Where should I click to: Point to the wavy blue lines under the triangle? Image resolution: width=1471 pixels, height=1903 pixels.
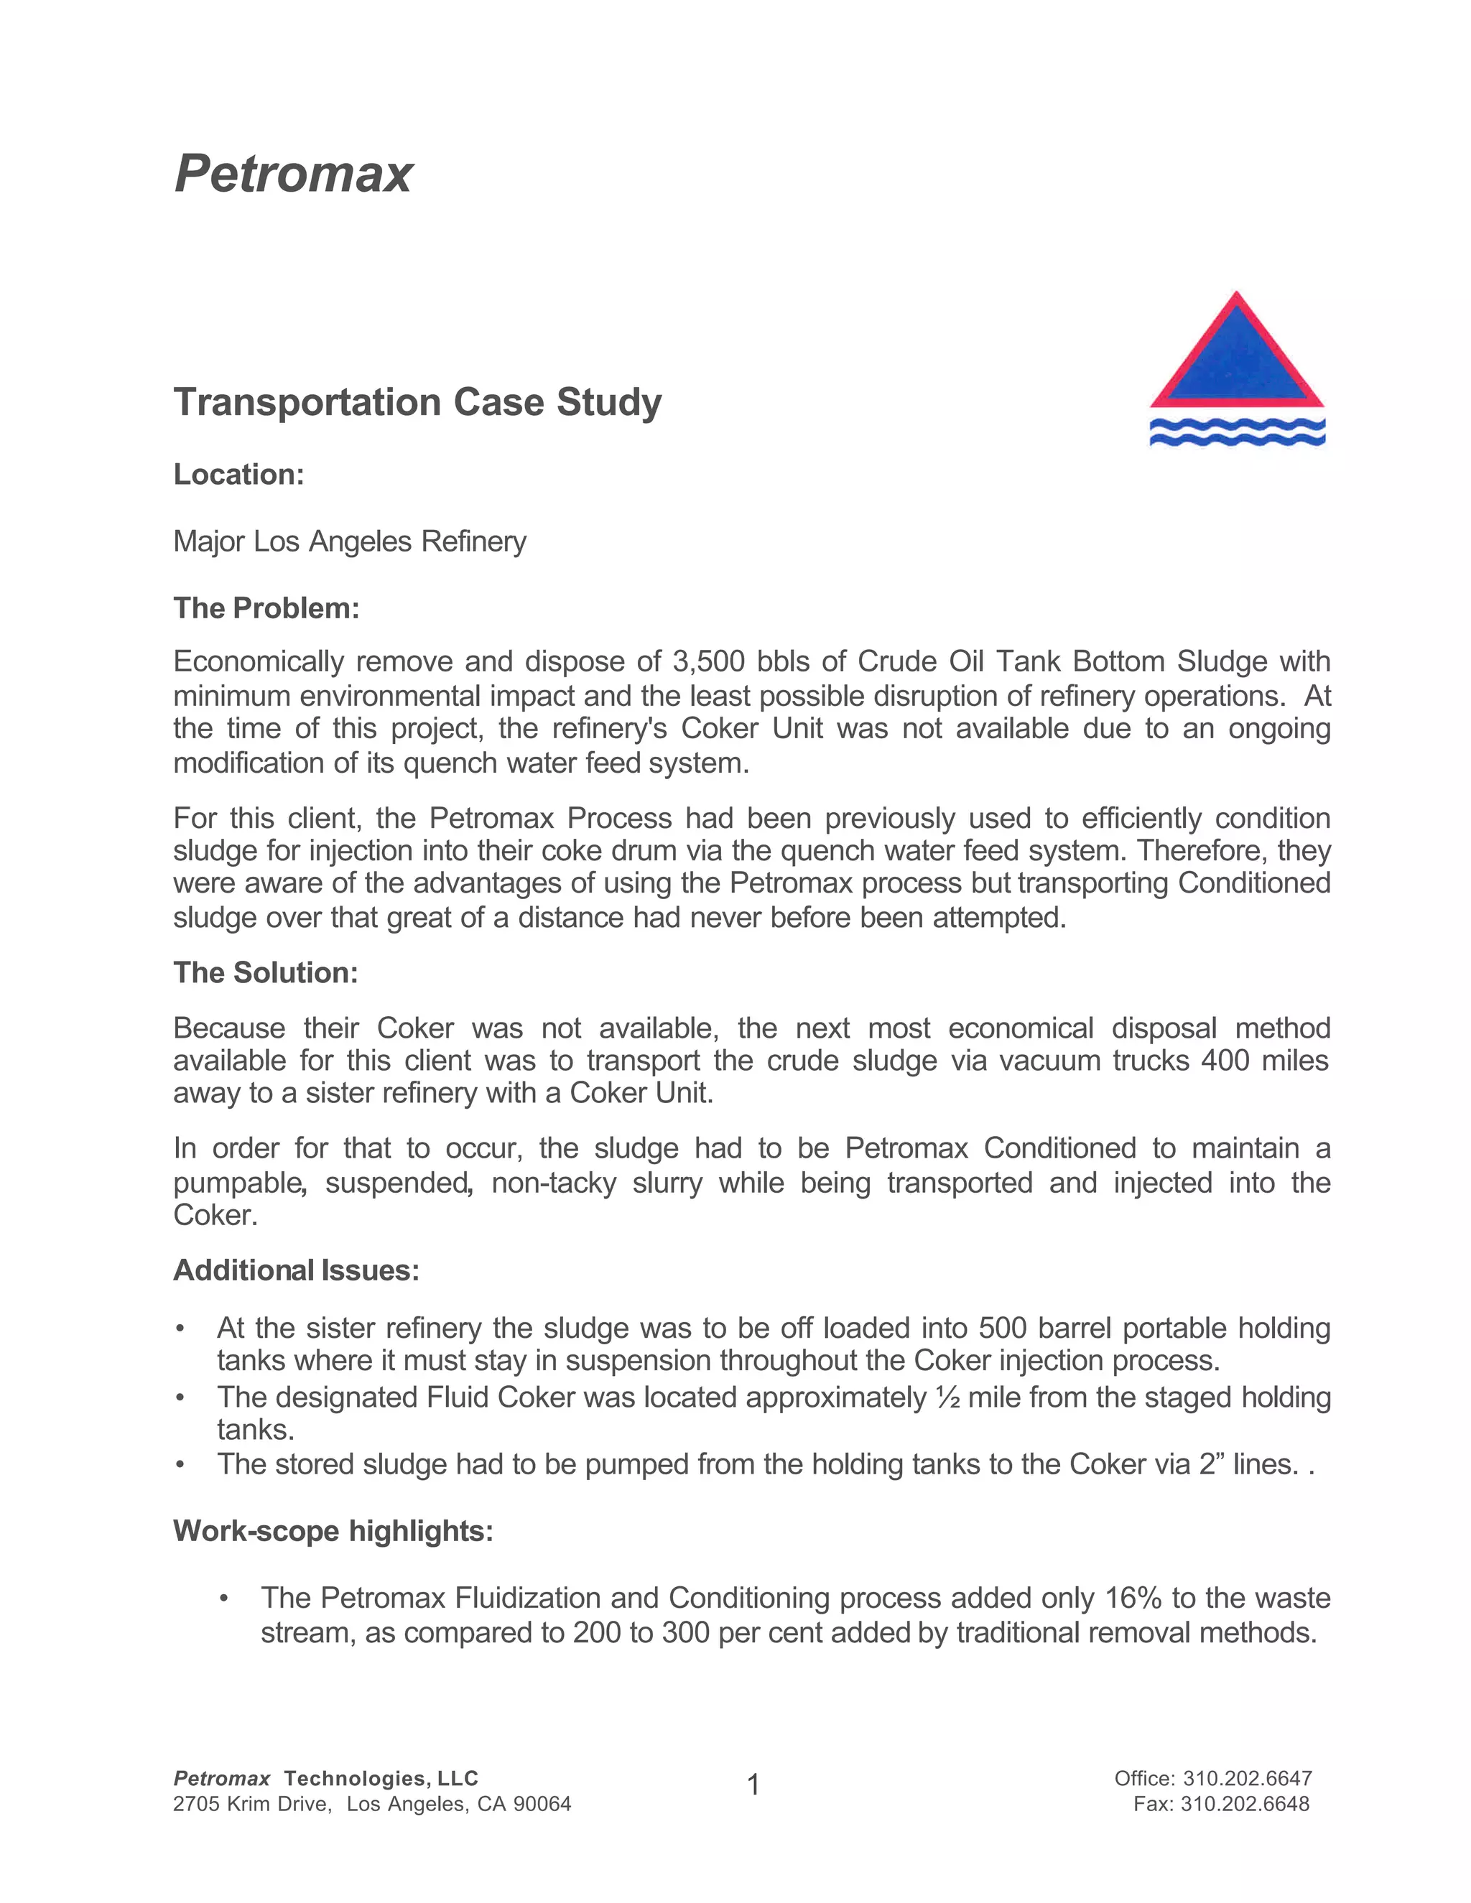pyautogui.click(x=1237, y=432)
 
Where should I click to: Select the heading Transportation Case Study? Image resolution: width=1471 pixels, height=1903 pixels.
pyautogui.click(x=417, y=401)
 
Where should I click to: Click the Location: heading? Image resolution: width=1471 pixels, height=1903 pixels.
pyautogui.click(x=238, y=475)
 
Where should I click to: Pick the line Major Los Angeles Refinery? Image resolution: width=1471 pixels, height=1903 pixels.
pyautogui.click(x=350, y=541)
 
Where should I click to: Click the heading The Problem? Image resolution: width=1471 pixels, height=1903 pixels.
pyautogui.click(x=266, y=608)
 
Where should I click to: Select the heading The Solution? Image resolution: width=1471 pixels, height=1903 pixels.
pyautogui.click(x=266, y=972)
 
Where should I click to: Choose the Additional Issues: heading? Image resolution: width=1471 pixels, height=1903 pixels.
pyautogui.click(x=297, y=1270)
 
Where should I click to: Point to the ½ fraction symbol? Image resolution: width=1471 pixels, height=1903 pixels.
pyautogui.click(x=947, y=1397)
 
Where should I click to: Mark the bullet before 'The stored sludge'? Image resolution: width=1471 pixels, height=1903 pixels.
pyautogui.click(x=180, y=1465)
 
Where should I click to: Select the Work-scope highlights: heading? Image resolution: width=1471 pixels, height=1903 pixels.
pyautogui.click(x=333, y=1531)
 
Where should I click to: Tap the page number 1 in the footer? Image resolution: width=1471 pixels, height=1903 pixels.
pyautogui.click(x=753, y=1785)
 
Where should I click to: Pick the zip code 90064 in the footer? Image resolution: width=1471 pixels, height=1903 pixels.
pyautogui.click(x=542, y=1804)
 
